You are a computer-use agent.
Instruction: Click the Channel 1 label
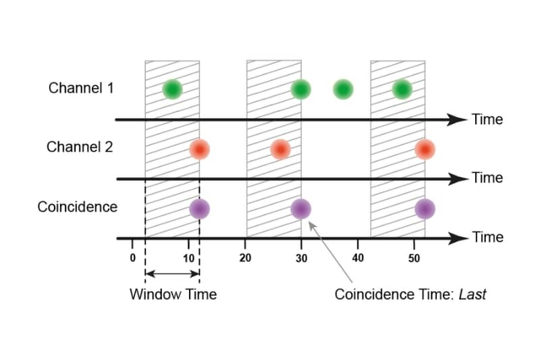coord(80,88)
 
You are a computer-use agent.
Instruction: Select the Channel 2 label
coord(80,147)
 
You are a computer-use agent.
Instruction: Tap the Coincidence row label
coord(77,206)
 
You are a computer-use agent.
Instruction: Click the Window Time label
coord(173,294)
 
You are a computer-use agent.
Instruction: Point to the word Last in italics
coord(473,294)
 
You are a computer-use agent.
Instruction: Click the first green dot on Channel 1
coord(172,88)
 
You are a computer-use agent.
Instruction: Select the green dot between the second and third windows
coord(344,88)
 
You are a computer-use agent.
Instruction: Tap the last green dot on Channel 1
coord(402,88)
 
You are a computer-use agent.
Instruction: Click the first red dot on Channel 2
coord(198,149)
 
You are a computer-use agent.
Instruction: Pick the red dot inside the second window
coord(280,149)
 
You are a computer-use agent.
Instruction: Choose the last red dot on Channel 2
coord(425,149)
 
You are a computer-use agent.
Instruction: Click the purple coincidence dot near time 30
coord(300,209)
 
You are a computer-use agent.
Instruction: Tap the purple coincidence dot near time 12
coord(199,209)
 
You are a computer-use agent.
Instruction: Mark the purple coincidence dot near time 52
coord(425,209)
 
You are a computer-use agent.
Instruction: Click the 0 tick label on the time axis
coord(133,257)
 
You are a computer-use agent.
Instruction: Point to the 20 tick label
coord(246,257)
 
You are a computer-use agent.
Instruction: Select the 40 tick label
coord(358,257)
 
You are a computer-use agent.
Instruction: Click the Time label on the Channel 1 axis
coord(487,120)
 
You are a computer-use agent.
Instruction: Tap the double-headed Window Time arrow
coord(172,274)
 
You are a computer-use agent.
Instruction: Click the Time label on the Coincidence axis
coord(487,237)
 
